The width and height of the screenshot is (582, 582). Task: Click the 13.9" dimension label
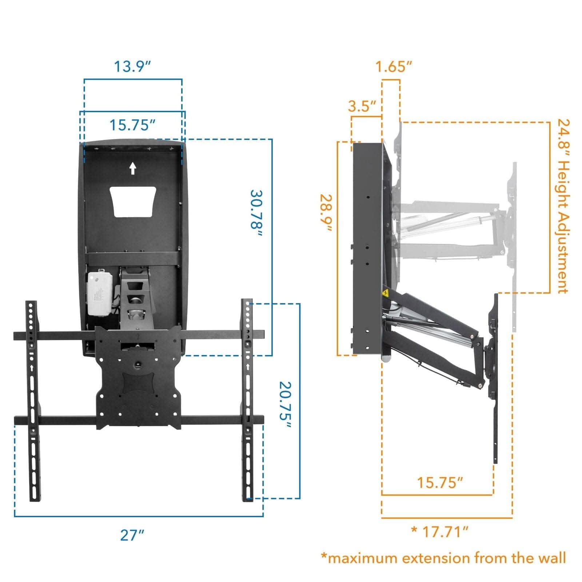click(x=132, y=67)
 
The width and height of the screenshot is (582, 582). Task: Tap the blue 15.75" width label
click(x=132, y=125)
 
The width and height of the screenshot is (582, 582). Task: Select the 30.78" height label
click(x=256, y=214)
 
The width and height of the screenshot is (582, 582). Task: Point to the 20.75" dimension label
click(x=285, y=404)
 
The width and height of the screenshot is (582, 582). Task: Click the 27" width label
click(x=132, y=535)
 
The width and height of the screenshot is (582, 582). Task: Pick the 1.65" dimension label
click(x=394, y=67)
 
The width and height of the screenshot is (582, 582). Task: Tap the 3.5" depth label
click(x=362, y=107)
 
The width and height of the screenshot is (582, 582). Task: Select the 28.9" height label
click(x=326, y=213)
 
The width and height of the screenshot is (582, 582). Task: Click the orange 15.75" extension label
click(x=440, y=483)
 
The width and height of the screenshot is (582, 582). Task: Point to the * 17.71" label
click(x=439, y=532)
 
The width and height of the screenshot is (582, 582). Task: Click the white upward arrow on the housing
click(x=133, y=168)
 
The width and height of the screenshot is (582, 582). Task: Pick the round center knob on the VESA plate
click(x=138, y=364)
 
